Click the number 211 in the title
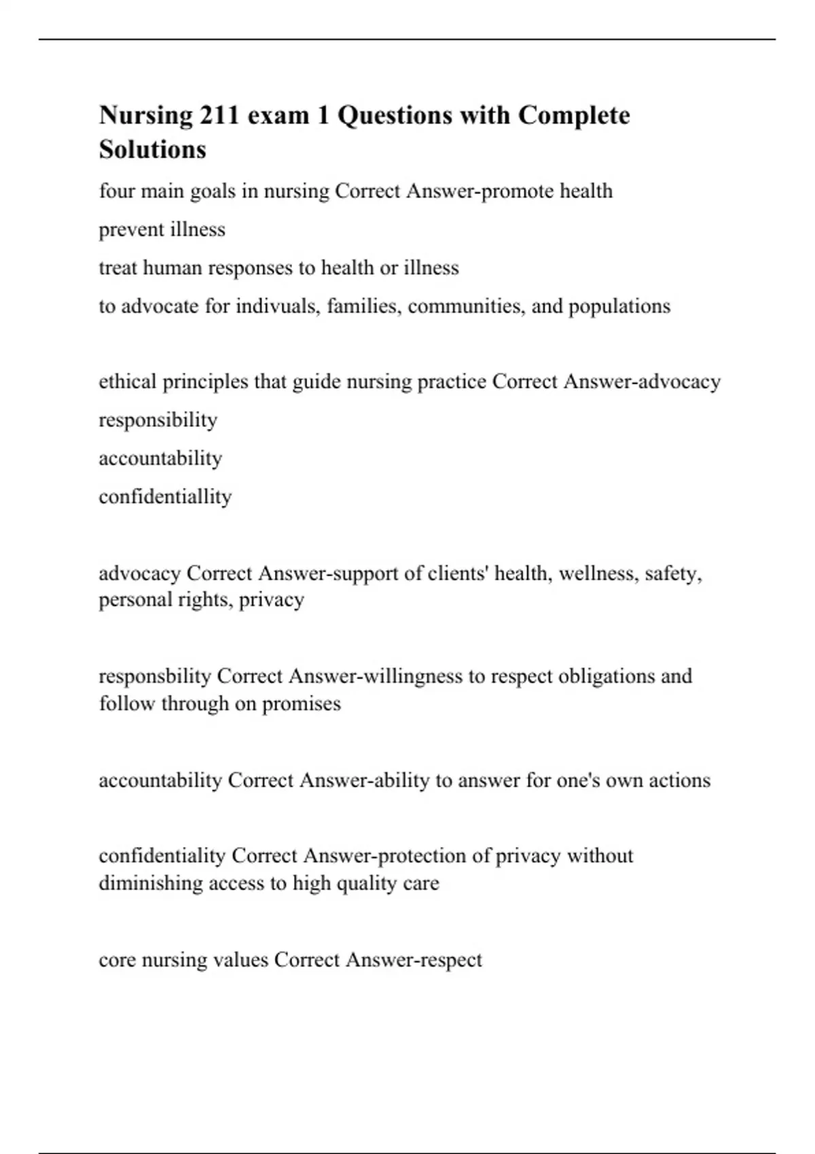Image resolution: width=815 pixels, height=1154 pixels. click(219, 115)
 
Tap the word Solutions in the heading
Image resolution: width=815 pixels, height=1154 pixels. click(152, 149)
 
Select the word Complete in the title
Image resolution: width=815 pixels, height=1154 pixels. click(574, 115)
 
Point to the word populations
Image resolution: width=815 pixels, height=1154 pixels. click(619, 306)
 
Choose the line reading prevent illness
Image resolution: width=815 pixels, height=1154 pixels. click(162, 229)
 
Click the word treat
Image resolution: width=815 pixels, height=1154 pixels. click(118, 268)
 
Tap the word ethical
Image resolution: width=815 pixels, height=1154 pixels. click(128, 381)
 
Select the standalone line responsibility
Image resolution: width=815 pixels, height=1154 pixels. click(158, 420)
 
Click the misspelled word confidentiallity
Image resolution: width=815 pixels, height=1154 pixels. click(165, 497)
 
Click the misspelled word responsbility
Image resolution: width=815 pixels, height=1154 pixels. click(155, 676)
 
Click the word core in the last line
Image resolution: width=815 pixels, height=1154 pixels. click(117, 960)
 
